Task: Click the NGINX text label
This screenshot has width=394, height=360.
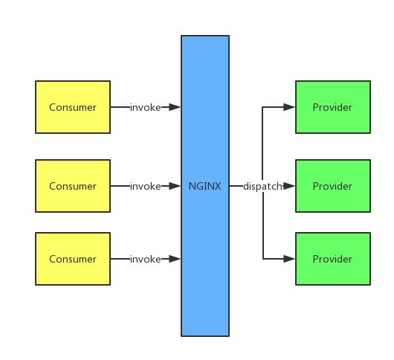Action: point(204,186)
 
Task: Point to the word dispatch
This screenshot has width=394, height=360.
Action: point(262,186)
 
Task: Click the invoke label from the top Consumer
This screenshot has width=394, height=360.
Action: point(145,107)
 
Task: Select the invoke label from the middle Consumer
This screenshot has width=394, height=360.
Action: point(145,186)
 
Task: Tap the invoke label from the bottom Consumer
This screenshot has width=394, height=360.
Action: point(145,259)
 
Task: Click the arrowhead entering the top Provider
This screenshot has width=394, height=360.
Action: point(289,107)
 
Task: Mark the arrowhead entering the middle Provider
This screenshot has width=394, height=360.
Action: point(289,186)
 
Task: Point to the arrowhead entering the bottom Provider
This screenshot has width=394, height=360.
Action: point(289,259)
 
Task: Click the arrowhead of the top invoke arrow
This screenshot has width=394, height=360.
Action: point(175,107)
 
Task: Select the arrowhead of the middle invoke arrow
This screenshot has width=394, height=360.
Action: point(175,186)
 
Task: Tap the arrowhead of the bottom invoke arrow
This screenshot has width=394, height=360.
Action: point(175,259)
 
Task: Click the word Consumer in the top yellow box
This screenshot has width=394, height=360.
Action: point(73,107)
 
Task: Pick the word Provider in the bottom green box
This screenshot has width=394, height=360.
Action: point(332,259)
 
